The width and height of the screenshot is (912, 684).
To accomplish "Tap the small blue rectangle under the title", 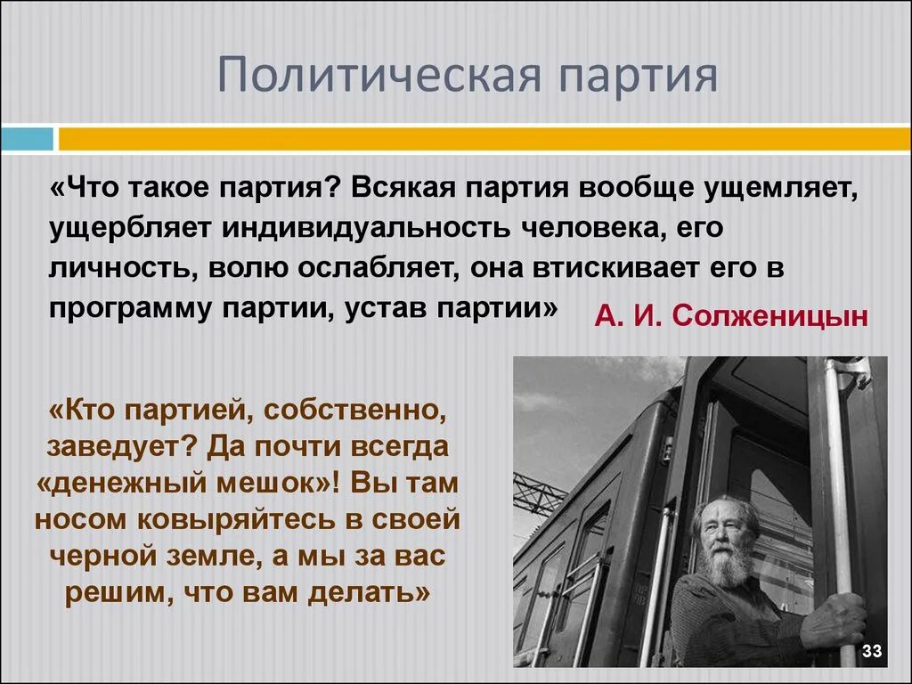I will tap(26, 139).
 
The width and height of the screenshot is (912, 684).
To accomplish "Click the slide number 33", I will tap(872, 652).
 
